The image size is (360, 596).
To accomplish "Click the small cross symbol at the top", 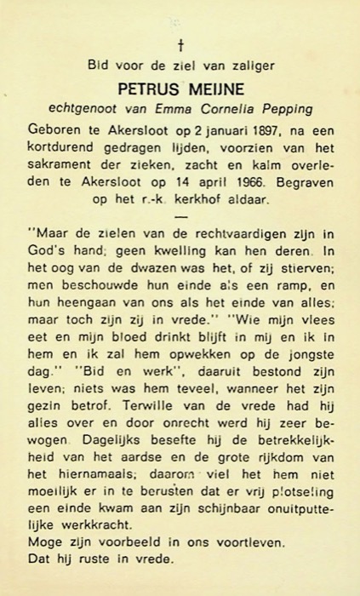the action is coord(180,44).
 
